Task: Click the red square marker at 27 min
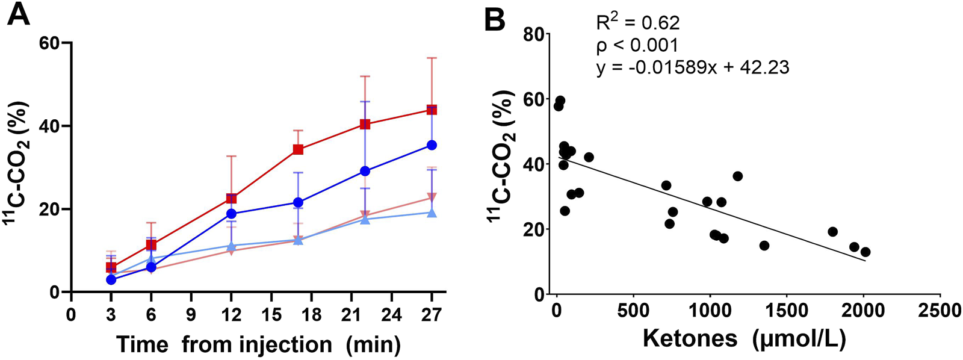click(432, 110)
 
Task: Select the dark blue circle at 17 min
click(298, 202)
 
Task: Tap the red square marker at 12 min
click(231, 198)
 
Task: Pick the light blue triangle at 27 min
click(432, 213)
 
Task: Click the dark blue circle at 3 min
click(111, 280)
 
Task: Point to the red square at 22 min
click(365, 124)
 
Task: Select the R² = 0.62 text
click(637, 23)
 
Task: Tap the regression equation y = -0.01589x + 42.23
click(692, 67)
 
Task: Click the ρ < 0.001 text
click(637, 45)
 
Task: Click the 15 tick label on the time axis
click(271, 314)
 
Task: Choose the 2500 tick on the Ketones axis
click(940, 311)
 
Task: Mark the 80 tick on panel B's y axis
click(531, 34)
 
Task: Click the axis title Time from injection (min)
click(258, 344)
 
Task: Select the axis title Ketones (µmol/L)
click(744, 338)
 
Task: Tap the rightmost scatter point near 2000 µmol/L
click(865, 252)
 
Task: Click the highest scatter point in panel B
click(560, 101)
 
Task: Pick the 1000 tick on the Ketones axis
click(710, 311)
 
